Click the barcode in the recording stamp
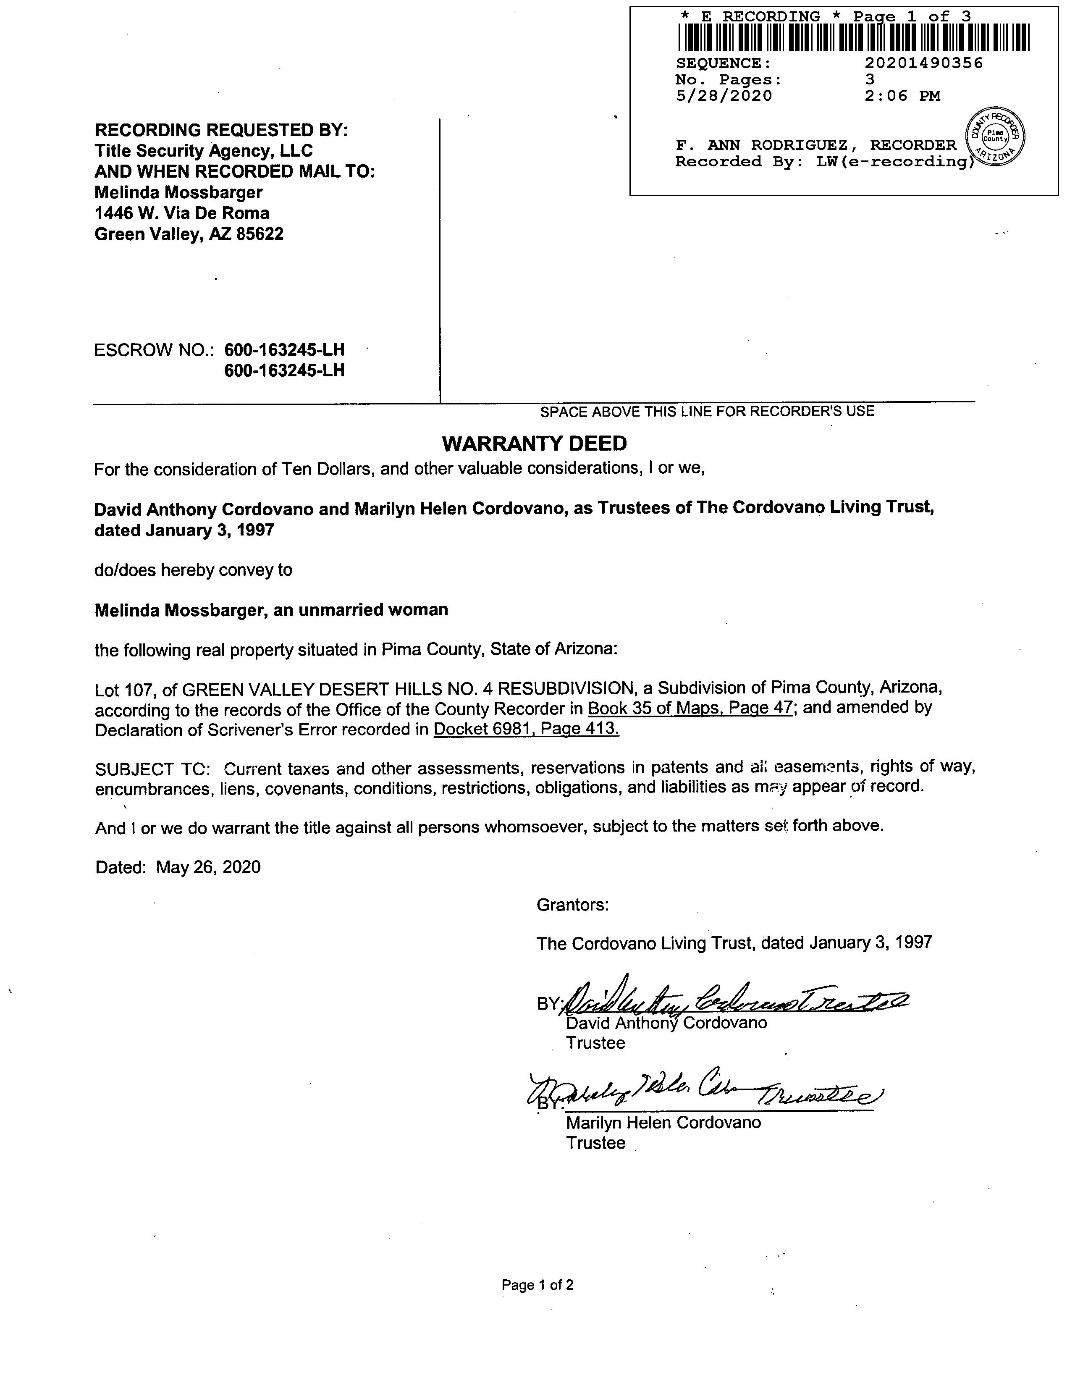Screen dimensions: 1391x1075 [853, 37]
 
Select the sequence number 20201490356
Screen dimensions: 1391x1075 [923, 63]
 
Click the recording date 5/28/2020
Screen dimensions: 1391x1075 [724, 96]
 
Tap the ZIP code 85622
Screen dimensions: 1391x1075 [260, 234]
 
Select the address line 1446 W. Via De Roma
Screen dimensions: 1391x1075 [181, 213]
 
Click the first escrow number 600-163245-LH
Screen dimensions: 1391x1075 [284, 350]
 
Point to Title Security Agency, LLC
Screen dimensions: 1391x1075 [204, 151]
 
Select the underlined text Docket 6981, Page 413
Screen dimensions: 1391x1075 [526, 729]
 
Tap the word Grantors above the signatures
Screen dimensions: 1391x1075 [572, 905]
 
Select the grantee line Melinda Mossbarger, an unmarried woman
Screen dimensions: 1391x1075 [271, 610]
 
